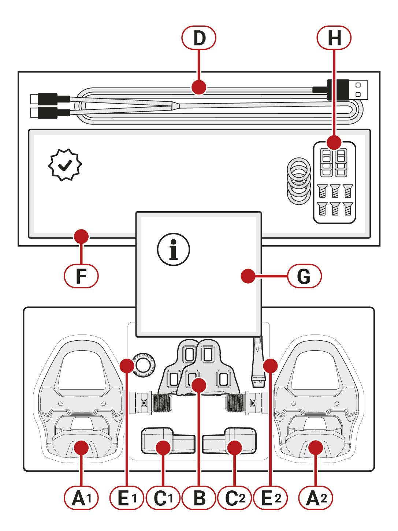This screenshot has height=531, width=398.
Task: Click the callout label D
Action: coord(199,38)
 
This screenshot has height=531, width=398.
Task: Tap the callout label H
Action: coord(334,38)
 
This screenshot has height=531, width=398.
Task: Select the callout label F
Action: coord(81,276)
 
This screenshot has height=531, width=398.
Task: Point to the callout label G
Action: coord(304,276)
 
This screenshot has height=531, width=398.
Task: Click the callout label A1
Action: coord(81,498)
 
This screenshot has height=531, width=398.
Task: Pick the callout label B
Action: coord(199,498)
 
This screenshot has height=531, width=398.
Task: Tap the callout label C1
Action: coord(163,498)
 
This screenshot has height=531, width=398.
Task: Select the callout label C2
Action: coord(235,498)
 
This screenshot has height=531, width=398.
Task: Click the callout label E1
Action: coord(127,498)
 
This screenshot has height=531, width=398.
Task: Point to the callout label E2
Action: coord(271,498)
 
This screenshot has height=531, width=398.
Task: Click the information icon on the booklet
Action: coord(174,250)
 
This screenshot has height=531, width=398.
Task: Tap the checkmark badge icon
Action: coord(65,165)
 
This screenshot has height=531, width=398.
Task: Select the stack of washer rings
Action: coord(299,181)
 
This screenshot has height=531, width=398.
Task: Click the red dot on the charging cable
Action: coord(199,87)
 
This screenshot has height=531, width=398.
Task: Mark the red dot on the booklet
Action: coord(248,276)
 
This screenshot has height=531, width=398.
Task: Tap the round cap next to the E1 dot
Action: coord(144,364)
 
